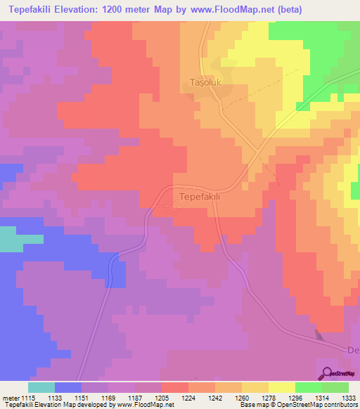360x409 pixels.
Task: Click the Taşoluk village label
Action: coord(207,83)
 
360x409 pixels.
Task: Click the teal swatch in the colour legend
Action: coord(41,387)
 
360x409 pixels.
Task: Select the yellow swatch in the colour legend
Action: coord(282,387)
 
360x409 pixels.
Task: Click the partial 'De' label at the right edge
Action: coord(354,350)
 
